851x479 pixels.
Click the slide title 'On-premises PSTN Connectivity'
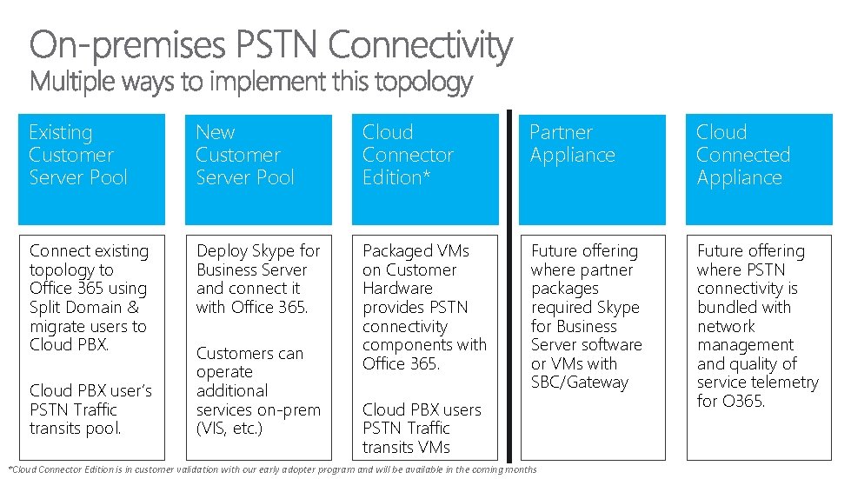click(271, 45)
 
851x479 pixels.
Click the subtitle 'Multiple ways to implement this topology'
click(251, 83)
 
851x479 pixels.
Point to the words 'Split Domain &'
click(83, 307)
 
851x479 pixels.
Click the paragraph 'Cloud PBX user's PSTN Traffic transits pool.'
click(90, 409)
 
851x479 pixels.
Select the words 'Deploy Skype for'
click(258, 250)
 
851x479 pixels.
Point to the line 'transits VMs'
click(406, 447)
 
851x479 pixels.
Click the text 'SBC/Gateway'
click(579, 383)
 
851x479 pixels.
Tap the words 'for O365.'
click(730, 401)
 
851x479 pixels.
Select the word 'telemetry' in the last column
click(786, 383)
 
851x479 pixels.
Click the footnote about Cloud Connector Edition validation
click(272, 469)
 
